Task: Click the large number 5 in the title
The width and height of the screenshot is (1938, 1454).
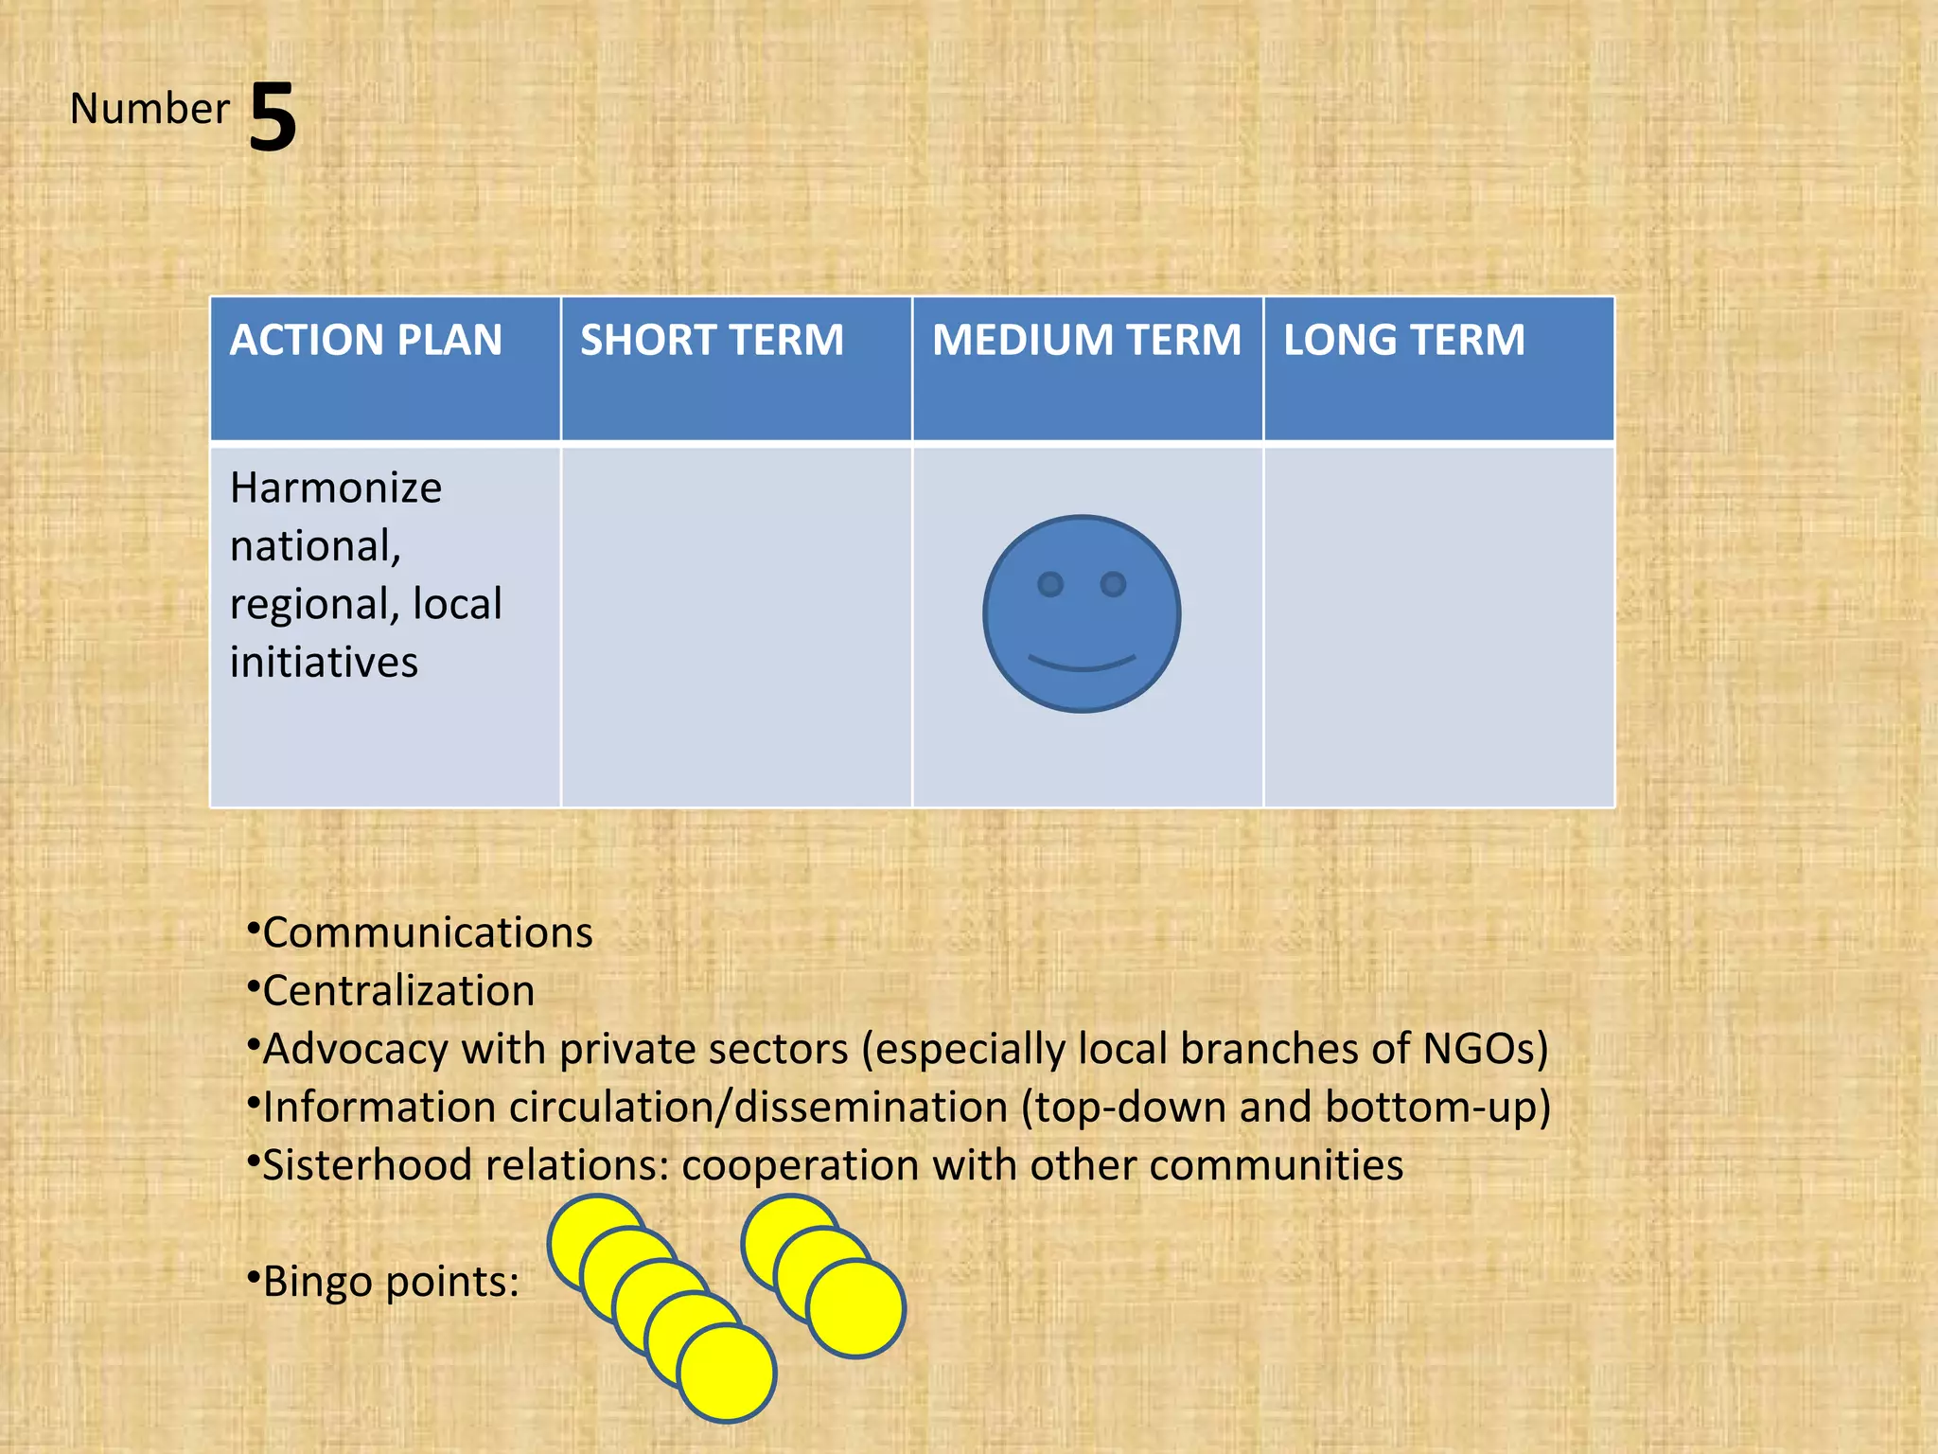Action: point(273,117)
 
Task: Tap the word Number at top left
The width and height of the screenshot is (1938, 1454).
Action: point(150,109)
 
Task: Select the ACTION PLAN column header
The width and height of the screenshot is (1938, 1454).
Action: point(366,341)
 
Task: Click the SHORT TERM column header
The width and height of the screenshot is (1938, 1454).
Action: point(712,341)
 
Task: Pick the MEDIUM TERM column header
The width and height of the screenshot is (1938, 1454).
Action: point(1086,341)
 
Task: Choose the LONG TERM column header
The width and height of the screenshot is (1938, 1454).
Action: point(1404,341)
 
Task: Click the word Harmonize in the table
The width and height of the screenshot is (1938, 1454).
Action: point(336,488)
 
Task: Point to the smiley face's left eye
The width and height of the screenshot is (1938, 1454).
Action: point(1050,585)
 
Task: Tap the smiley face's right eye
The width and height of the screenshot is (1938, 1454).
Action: point(1114,584)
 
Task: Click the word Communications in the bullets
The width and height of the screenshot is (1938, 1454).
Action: point(428,933)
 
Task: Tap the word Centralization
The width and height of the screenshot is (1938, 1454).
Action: point(398,991)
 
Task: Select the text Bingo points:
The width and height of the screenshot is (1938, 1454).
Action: point(391,1282)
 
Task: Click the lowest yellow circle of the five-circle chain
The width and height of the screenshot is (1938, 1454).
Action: point(727,1373)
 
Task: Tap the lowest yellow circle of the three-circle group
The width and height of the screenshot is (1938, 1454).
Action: point(856,1308)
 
